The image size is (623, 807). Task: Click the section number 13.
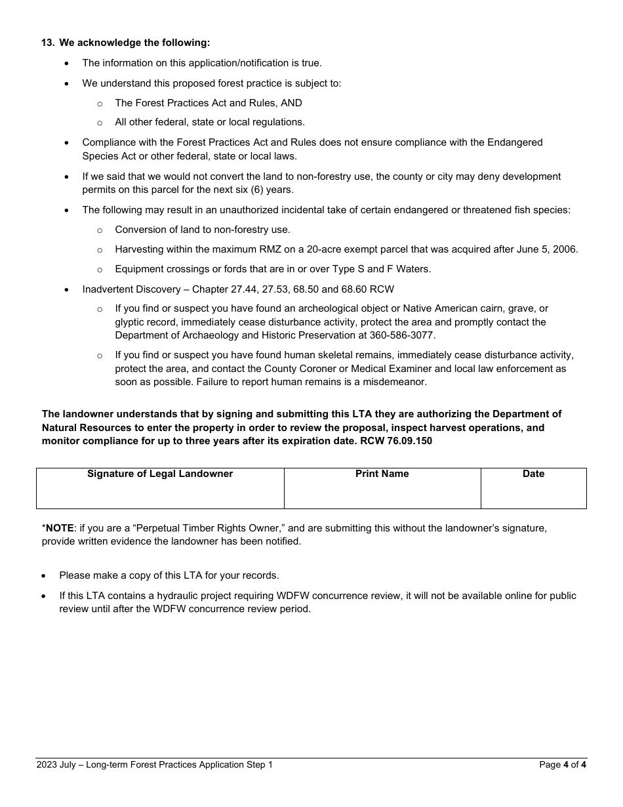point(47,43)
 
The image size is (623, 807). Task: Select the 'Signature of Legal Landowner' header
point(160,474)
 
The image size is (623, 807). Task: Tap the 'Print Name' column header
point(382,474)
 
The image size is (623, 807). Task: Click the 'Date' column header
point(533,474)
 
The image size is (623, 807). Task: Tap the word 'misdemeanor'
point(396,382)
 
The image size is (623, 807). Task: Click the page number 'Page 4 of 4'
point(562,764)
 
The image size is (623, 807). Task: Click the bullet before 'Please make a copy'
point(44,575)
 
